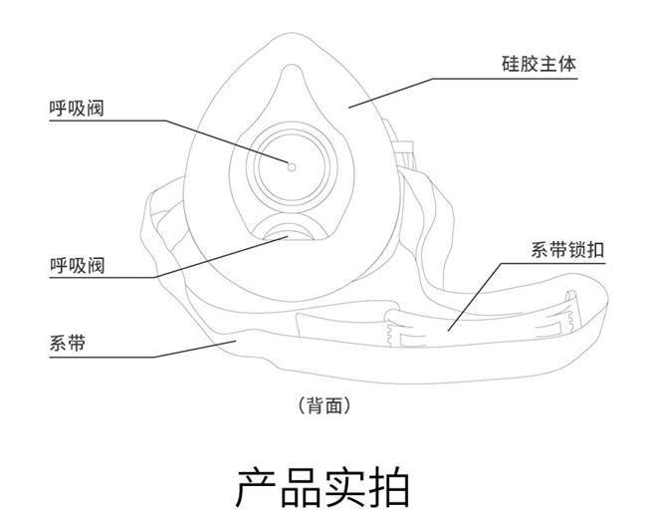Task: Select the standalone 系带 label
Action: [67, 344]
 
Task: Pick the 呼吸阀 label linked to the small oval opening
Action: [77, 264]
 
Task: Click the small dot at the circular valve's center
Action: [292, 165]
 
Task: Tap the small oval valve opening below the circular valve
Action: [288, 235]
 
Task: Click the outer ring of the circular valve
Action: [255, 165]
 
